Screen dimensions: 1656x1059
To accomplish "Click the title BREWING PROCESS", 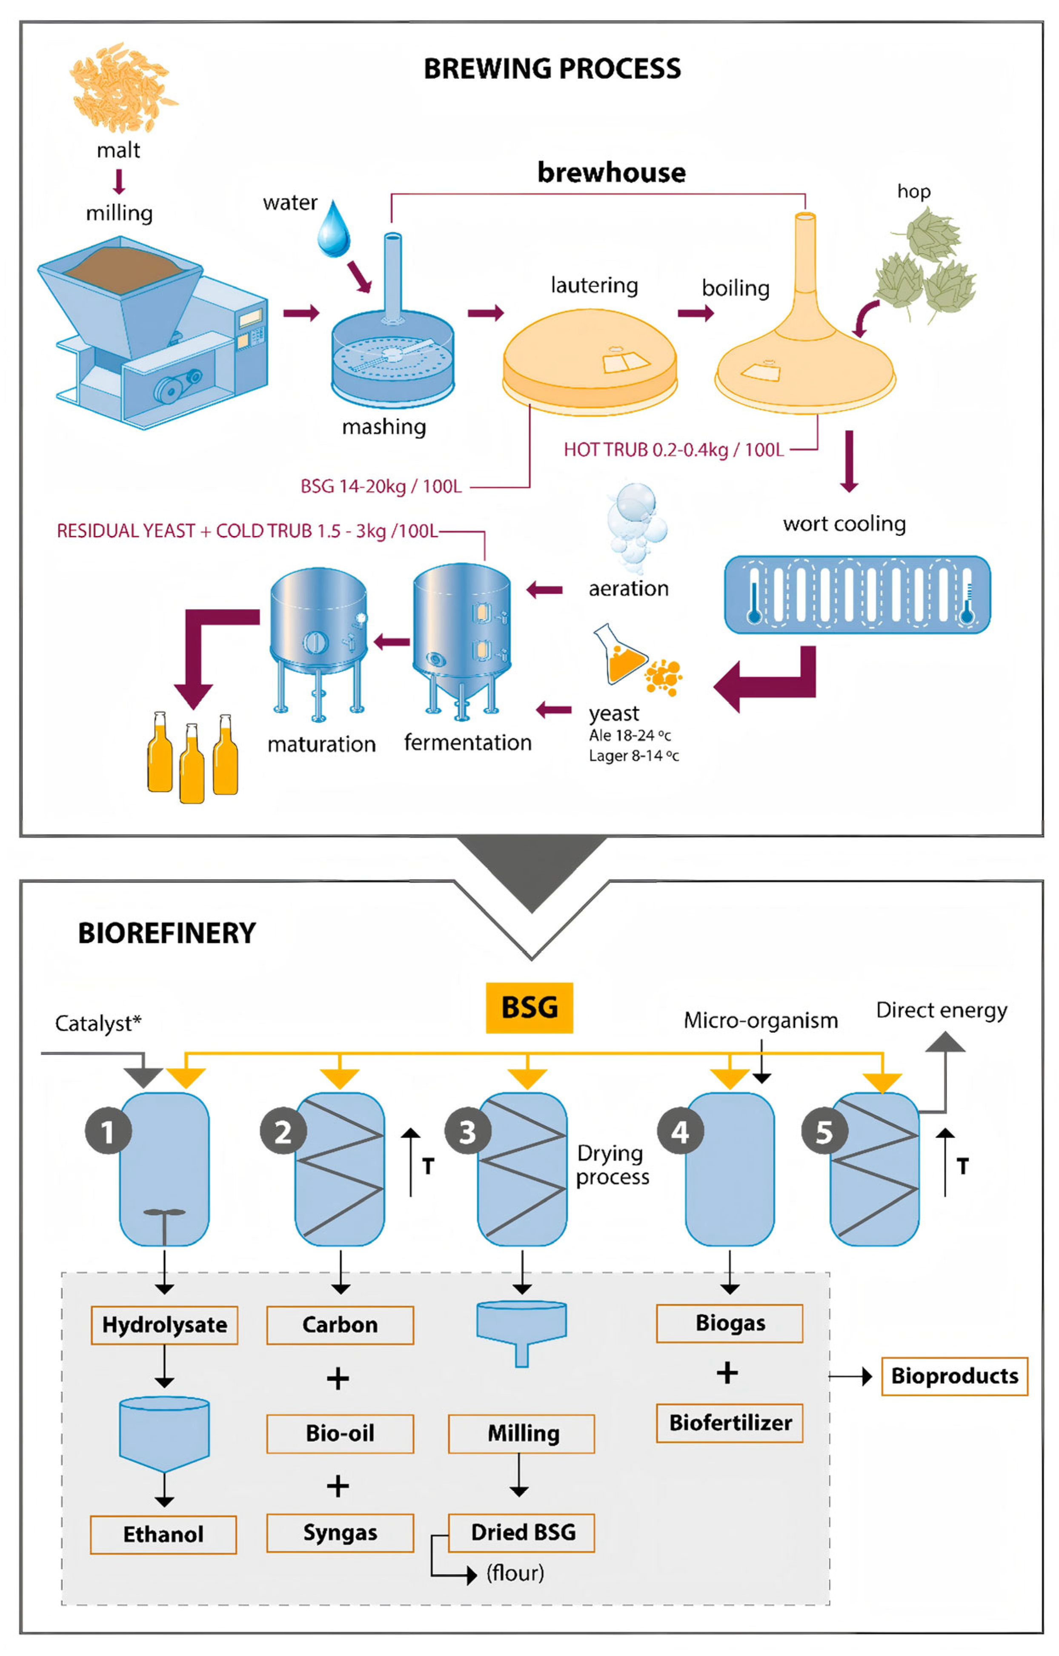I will point(552,69).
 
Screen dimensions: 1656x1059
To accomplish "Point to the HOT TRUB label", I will point(673,450).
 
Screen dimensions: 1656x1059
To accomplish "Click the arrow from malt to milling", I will point(119,181).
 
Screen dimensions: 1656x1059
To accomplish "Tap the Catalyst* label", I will point(98,1023).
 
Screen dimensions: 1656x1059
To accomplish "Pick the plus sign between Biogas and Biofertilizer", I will point(727,1373).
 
